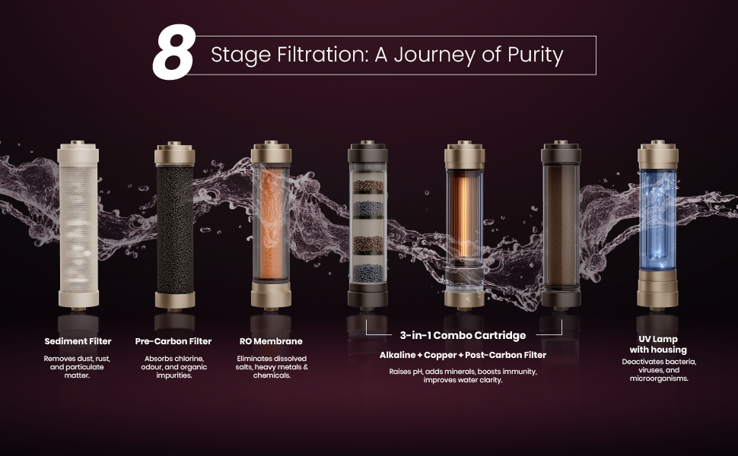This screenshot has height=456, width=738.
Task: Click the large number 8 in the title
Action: click(x=173, y=52)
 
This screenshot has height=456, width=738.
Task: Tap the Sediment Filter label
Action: click(x=78, y=341)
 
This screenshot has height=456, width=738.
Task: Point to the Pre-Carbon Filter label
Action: click(x=173, y=341)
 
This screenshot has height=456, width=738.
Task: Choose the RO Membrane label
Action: click(x=271, y=341)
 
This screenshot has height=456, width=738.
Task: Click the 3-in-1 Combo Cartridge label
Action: click(x=463, y=335)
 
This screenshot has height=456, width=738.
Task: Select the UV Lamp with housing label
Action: click(x=658, y=344)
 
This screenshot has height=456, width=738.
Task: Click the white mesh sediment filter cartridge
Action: click(x=78, y=226)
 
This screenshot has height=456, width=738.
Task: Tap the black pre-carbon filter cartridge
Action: click(x=175, y=226)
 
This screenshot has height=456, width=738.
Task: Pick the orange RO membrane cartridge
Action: click(x=271, y=226)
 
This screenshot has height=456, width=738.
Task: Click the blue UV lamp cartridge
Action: click(x=658, y=226)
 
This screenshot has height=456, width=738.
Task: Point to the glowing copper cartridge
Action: click(x=465, y=226)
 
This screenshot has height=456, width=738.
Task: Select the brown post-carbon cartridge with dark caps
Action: click(x=561, y=226)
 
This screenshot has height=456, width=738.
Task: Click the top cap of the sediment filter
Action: click(x=78, y=152)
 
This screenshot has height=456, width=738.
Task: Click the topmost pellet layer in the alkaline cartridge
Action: click(x=368, y=186)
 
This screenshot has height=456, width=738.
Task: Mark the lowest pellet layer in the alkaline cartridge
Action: click(x=368, y=274)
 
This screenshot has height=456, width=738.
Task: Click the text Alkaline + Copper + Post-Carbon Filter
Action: click(x=463, y=355)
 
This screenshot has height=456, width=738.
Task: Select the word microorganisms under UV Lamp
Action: click(x=659, y=378)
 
